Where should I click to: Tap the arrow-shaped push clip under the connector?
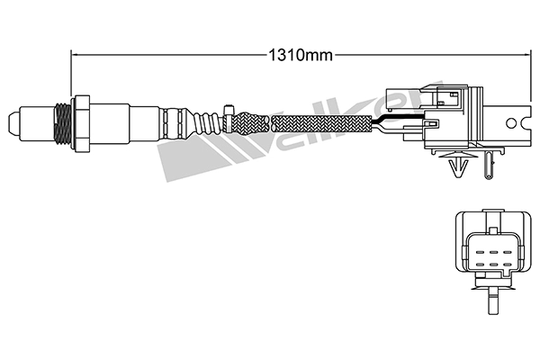456,167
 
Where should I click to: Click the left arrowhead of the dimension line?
76,54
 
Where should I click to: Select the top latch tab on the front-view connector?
491,215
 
